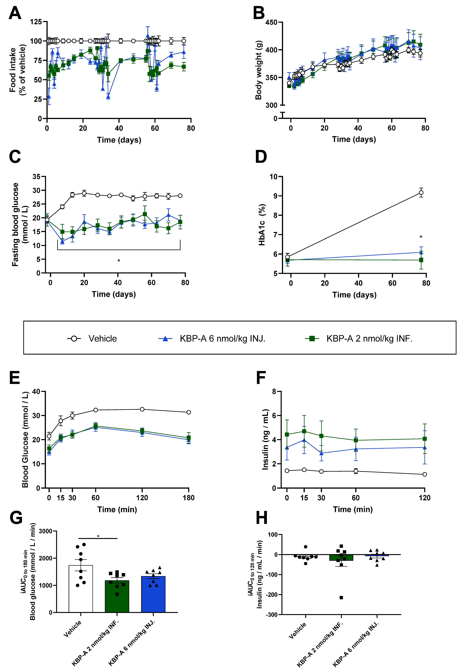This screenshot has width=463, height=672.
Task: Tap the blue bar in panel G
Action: click(x=153, y=594)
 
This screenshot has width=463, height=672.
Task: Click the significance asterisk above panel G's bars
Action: click(x=98, y=536)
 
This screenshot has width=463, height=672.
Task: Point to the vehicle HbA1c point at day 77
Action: click(x=421, y=193)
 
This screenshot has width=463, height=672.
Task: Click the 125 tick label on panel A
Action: click(x=36, y=21)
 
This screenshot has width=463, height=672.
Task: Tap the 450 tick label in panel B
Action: click(x=271, y=22)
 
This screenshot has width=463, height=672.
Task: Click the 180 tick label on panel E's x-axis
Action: click(x=189, y=498)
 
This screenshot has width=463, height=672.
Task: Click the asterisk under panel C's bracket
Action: click(x=119, y=260)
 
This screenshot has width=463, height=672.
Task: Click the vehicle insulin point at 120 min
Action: click(x=425, y=474)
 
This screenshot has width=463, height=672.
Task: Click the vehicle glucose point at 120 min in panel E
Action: click(x=142, y=409)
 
